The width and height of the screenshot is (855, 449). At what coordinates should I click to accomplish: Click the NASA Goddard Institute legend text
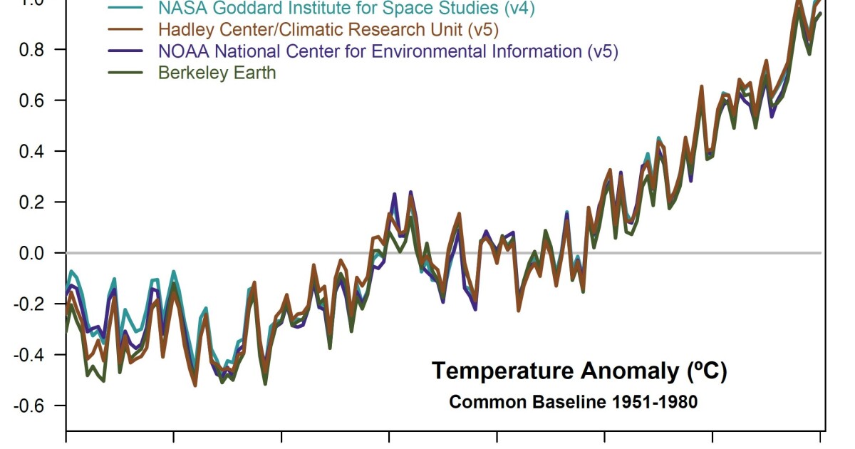346,9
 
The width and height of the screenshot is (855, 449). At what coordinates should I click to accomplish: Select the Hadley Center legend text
328,30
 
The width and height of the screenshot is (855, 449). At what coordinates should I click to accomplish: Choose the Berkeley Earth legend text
217,73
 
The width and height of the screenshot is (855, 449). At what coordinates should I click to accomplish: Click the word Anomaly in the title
616,371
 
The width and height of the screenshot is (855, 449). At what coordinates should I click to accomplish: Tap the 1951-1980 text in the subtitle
655,402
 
